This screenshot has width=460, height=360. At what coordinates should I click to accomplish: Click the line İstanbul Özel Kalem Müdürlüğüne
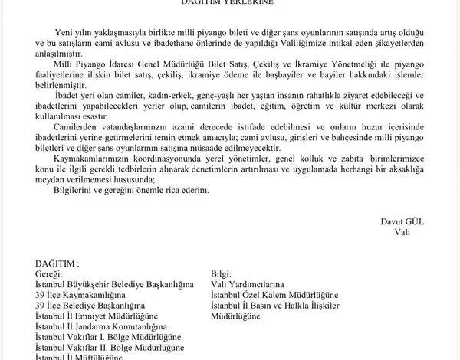click(x=274, y=295)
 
